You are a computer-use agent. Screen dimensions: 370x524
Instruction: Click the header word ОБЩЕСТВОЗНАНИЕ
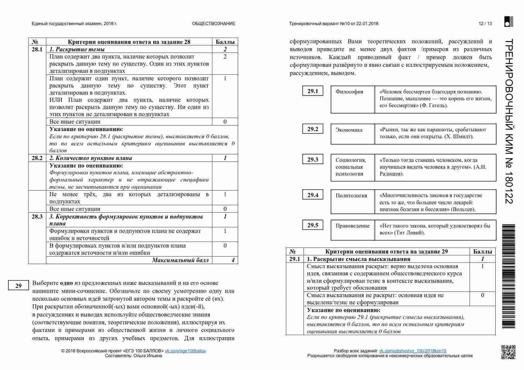click(214, 24)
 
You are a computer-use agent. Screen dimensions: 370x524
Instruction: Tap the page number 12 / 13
click(485, 24)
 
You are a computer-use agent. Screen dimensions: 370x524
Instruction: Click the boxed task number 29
click(19, 286)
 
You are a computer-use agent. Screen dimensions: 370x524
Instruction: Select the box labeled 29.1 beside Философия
click(312, 91)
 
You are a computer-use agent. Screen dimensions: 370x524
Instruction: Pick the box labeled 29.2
click(312, 129)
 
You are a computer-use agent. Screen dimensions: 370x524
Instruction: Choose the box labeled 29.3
click(312, 159)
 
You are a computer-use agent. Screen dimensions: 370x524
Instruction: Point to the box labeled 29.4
click(312, 195)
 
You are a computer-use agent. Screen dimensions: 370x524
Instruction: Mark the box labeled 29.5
click(312, 225)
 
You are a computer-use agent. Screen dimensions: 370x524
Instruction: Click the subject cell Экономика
click(349, 130)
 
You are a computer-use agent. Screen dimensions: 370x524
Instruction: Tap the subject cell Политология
click(351, 196)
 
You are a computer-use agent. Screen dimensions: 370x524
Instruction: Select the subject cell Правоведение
click(353, 226)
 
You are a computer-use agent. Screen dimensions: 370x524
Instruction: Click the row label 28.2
click(37, 158)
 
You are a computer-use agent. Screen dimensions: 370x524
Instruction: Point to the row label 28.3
click(37, 217)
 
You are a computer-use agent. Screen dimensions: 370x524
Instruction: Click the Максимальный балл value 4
click(233, 260)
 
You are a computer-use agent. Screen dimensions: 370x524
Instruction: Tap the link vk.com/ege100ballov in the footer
click(186, 351)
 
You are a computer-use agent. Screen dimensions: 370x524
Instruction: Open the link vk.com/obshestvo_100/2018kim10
click(413, 351)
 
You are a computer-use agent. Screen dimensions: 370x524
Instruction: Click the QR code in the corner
click(508, 352)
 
